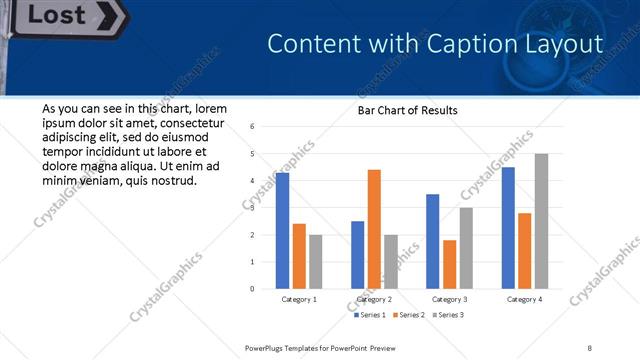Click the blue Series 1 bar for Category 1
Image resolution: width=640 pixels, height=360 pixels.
click(x=282, y=230)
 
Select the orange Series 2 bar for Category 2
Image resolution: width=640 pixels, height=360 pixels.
click(x=374, y=229)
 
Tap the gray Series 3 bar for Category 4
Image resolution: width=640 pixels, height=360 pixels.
click(x=541, y=221)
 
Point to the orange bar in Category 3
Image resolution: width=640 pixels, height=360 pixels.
click(x=449, y=264)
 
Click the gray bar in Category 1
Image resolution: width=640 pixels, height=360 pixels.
click(x=315, y=261)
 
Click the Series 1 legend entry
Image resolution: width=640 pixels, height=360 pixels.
click(x=370, y=315)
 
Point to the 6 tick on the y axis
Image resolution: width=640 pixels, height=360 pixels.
click(x=253, y=127)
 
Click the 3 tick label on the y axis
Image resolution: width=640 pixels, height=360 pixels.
click(x=253, y=208)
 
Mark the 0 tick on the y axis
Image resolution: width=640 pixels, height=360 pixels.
click(x=253, y=289)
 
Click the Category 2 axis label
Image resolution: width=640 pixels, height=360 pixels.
click(x=374, y=299)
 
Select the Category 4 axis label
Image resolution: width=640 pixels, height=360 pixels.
click(x=524, y=299)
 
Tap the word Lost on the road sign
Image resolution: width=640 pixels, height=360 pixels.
click(x=63, y=15)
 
